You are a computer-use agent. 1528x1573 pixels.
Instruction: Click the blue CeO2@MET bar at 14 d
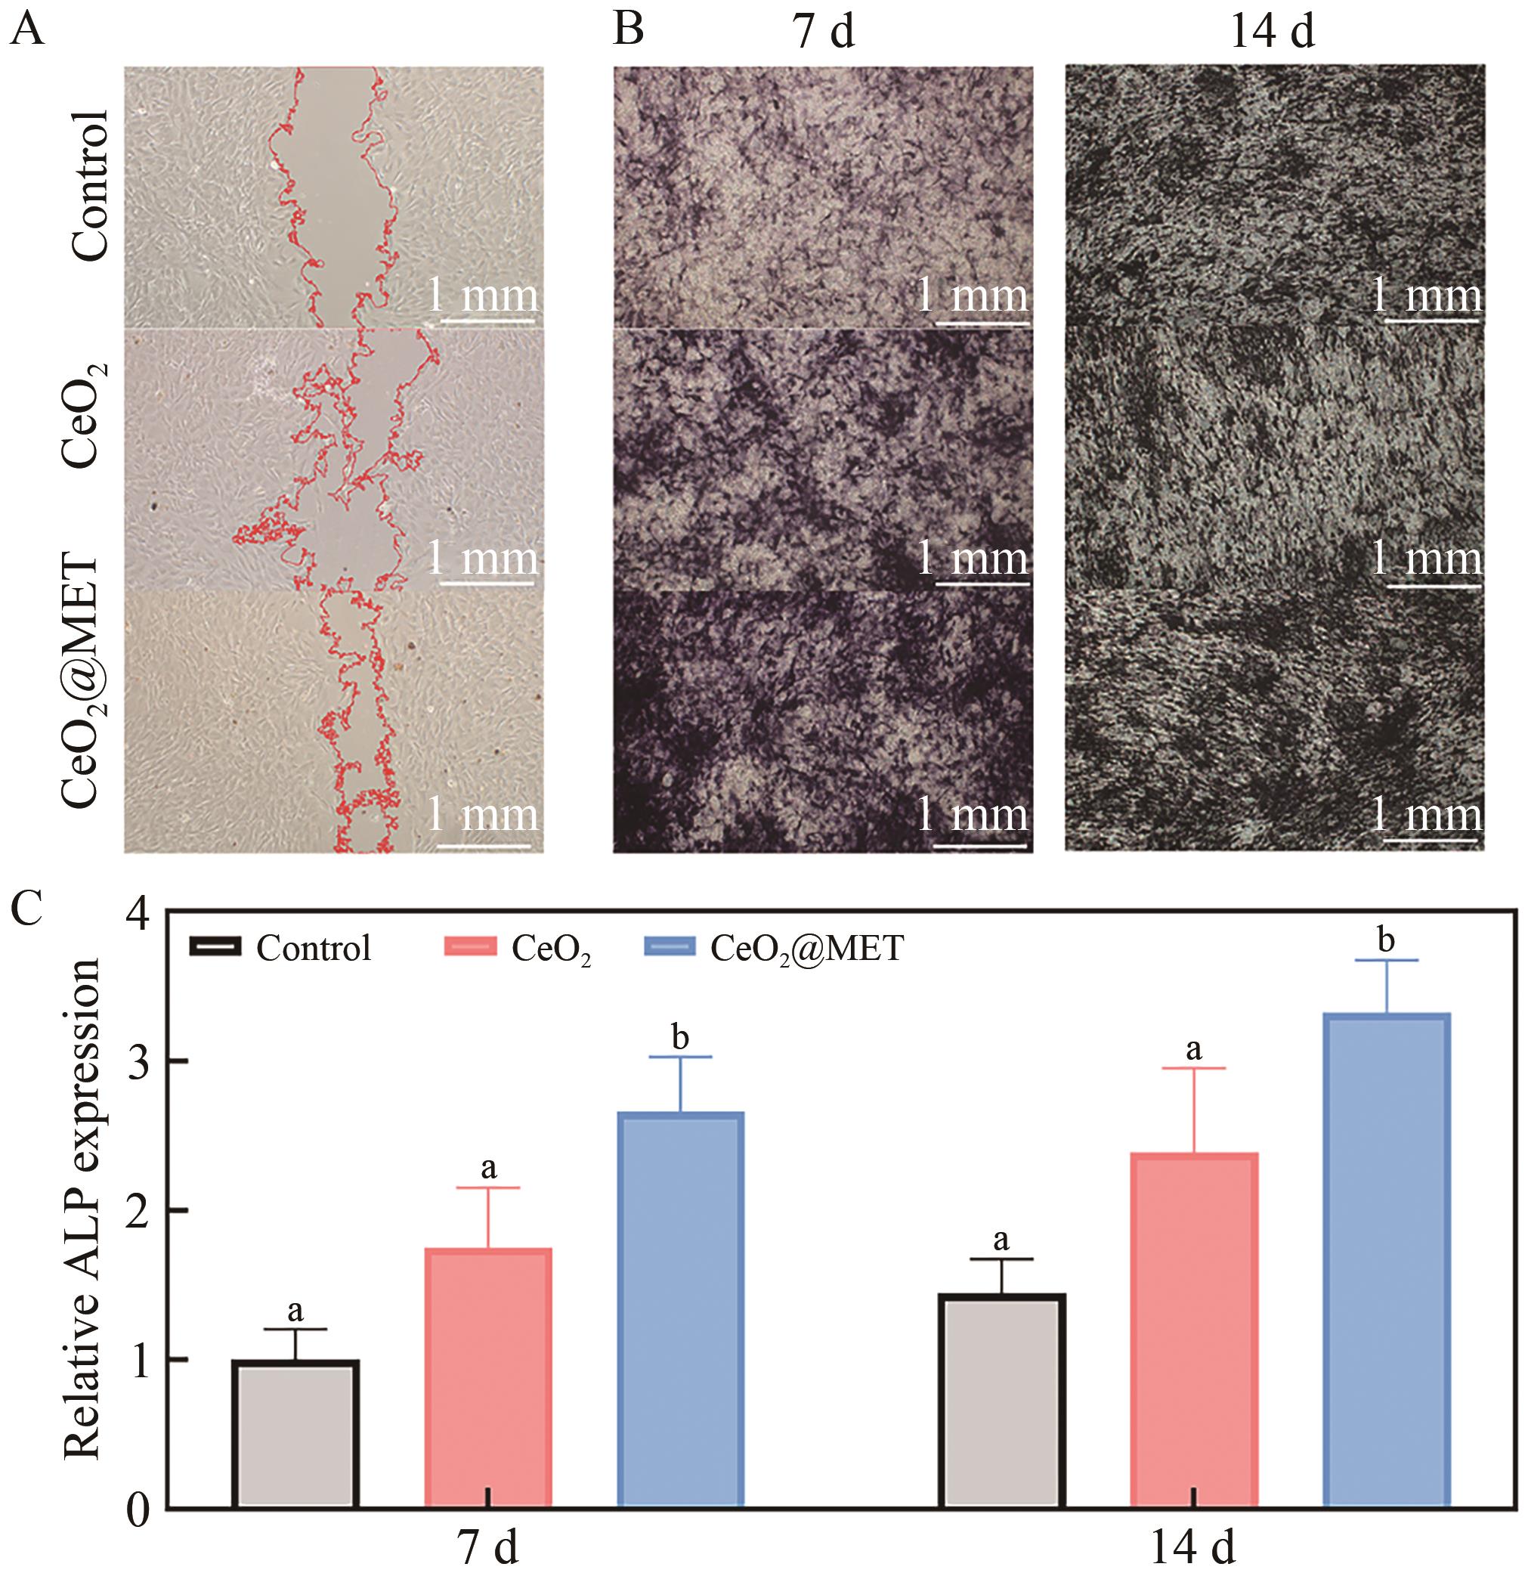(x=1386, y=1260)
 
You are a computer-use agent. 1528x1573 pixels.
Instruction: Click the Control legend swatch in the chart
(x=215, y=947)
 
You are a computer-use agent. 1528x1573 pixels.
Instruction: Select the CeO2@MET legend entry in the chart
(x=806, y=949)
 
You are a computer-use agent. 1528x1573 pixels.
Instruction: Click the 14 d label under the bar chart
(x=1192, y=1546)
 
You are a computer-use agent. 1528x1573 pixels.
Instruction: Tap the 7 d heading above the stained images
(x=824, y=32)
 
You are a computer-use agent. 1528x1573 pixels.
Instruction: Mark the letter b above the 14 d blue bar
(x=1386, y=940)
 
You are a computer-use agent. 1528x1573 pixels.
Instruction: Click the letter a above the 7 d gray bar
(x=295, y=1311)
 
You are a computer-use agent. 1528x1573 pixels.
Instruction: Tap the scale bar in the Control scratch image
(x=487, y=322)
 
